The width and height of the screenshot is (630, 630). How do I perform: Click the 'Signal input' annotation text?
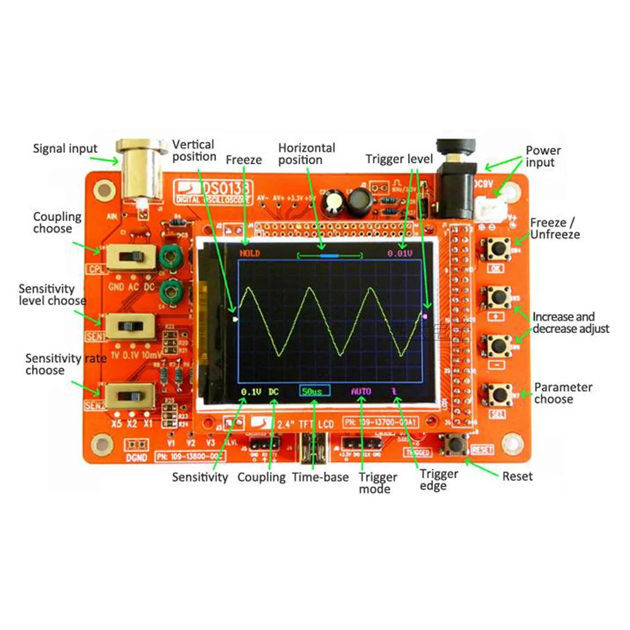click(x=65, y=149)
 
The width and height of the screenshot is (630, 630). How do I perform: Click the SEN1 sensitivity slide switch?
click(x=130, y=327)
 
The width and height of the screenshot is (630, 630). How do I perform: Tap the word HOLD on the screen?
click(x=250, y=253)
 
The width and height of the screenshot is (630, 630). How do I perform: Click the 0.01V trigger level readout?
click(x=400, y=253)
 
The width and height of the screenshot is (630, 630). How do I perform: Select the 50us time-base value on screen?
click(x=314, y=391)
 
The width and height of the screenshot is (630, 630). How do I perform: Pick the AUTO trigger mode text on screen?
click(x=361, y=391)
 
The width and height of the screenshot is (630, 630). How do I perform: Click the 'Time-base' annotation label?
click(x=320, y=477)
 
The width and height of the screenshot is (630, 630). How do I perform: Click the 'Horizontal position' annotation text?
click(x=307, y=154)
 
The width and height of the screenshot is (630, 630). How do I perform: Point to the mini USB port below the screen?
click(x=312, y=448)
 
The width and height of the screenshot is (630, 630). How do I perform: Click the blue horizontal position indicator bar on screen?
click(x=329, y=256)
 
